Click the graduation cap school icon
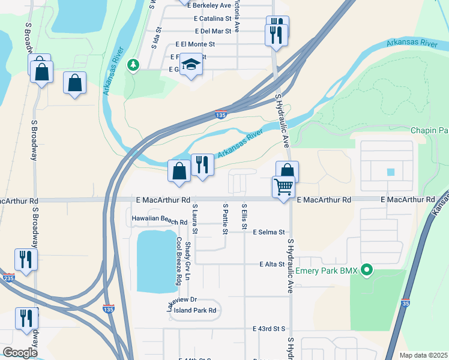[191, 64]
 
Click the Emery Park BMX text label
[327, 271]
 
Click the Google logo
[20, 353]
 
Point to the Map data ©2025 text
[423, 355]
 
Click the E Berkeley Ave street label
[209, 5]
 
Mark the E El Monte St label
[195, 44]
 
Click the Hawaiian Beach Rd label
[159, 220]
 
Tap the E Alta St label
[271, 264]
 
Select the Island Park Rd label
[194, 310]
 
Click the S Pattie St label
[225, 218]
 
